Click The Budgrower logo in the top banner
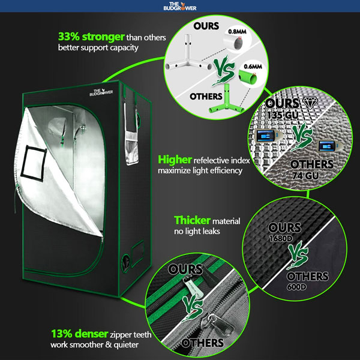(x=181, y=7)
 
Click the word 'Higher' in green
(x=173, y=160)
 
